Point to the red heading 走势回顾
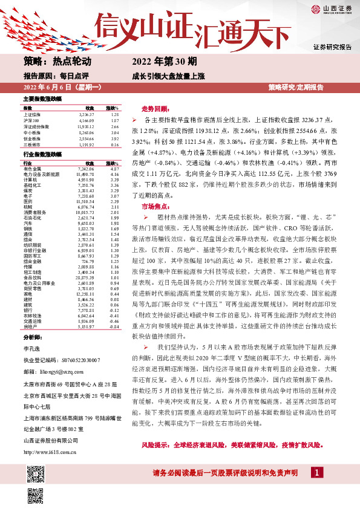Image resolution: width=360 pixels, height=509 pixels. (x=155, y=109)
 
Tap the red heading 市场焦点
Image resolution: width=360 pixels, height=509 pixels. (x=155, y=207)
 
